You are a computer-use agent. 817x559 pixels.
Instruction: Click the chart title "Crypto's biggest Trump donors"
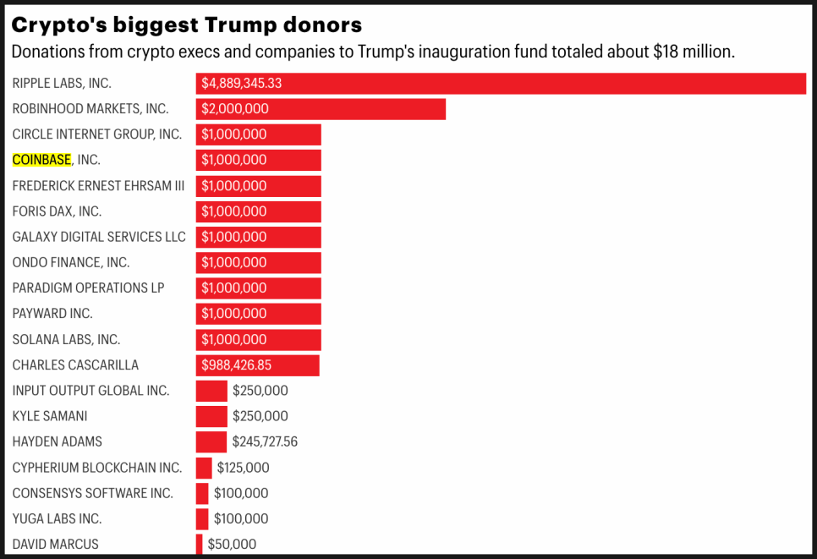186,24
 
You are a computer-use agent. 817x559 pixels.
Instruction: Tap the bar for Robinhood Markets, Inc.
355,109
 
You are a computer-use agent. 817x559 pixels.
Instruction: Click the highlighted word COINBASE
41,160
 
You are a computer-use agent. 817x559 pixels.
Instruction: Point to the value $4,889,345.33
242,83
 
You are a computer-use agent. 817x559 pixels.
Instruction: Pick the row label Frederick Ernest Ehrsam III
98,186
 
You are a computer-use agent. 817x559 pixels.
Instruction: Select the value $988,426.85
237,365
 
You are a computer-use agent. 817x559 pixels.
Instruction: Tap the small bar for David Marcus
200,544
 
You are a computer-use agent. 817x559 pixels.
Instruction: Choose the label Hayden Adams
58,441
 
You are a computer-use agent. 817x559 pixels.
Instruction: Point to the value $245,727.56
265,441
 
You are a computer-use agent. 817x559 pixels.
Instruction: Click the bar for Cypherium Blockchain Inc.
204,468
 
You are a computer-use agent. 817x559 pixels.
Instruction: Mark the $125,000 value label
244,468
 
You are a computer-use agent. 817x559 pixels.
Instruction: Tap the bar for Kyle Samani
211,416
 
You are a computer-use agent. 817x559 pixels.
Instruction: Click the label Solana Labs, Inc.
67,339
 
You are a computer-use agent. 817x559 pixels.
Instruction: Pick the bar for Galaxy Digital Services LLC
300,237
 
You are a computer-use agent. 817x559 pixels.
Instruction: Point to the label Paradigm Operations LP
89,288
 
